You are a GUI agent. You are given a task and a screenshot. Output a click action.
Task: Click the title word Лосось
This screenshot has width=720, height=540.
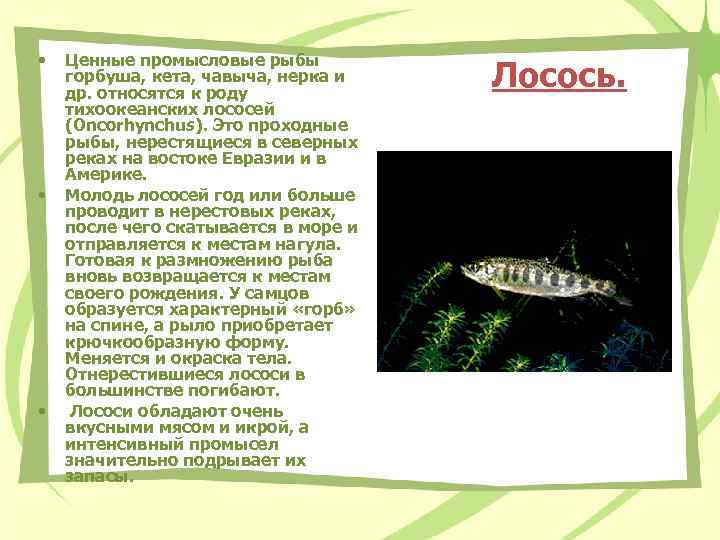pos(559,75)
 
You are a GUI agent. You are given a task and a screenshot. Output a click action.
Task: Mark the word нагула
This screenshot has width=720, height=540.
pos(307,243)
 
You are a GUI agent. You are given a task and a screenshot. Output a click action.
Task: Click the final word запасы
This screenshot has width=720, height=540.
pos(98,476)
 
